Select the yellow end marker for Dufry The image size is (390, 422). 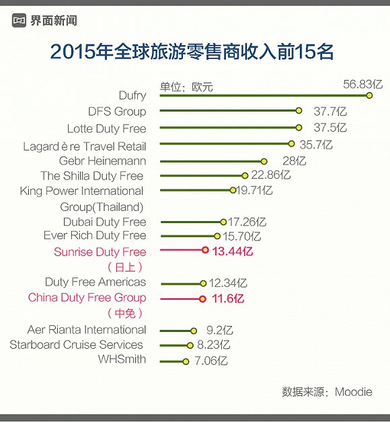[x=369, y=95]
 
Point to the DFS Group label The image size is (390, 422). [x=116, y=112]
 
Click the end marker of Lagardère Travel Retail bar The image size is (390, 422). [x=291, y=144]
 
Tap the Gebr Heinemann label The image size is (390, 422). [x=102, y=161]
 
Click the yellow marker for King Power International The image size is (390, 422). [x=233, y=191]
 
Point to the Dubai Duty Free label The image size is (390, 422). [x=104, y=222]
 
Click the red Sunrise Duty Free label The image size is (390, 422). [x=100, y=253]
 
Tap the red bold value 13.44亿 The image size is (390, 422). [x=232, y=251]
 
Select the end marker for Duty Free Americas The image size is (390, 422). [x=203, y=284]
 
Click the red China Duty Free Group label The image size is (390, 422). [x=87, y=298]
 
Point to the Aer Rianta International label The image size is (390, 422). [x=86, y=330]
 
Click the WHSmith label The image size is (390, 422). [x=121, y=359]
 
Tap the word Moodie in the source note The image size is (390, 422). [x=353, y=392]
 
